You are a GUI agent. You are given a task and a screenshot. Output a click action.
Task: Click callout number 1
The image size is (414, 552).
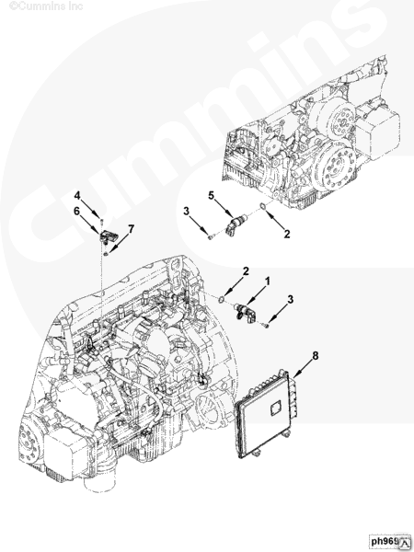coord(268,280)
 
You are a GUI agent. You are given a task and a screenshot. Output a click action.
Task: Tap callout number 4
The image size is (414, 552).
coord(79,195)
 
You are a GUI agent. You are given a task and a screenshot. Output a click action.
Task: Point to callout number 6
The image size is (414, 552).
coord(79,212)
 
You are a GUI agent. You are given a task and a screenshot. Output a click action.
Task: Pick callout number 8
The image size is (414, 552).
coord(316,353)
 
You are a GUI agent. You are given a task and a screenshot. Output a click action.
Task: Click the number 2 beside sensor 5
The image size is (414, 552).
coord(286,235)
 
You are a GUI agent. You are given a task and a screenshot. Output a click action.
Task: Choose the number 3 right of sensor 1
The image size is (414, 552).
coord(291,299)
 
